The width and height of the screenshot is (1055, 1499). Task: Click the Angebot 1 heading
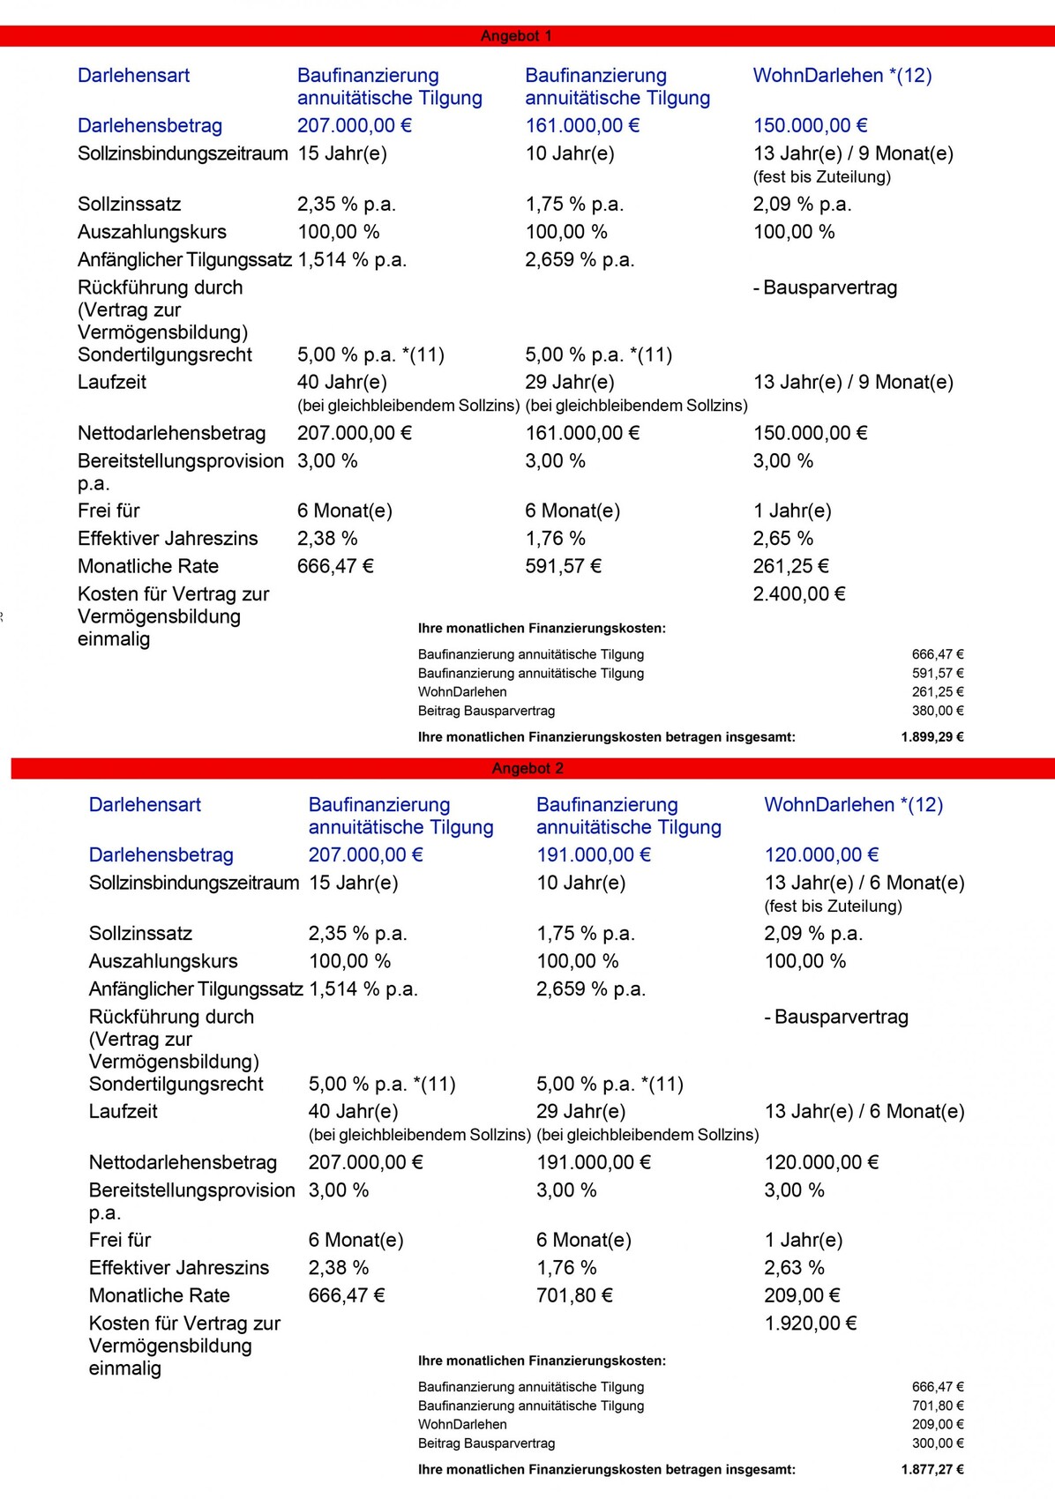point(516,36)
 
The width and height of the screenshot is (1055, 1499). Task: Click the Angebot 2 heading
point(527,768)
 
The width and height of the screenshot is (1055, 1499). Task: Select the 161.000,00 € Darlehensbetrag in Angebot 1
point(582,126)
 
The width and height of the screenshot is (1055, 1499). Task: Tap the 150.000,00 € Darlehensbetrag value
point(810,126)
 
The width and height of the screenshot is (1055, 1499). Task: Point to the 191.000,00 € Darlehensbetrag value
point(594,855)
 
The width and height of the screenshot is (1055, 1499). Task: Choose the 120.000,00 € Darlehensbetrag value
point(821,855)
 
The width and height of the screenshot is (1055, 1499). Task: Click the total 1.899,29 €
point(932,737)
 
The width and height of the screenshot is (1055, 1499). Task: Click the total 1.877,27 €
point(932,1470)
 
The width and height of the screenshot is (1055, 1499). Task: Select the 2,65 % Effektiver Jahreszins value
point(783,539)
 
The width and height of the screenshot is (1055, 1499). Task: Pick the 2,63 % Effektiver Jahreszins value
point(794,1268)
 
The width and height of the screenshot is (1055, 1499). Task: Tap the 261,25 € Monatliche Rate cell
point(790,566)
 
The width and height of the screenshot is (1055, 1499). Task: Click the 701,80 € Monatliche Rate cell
point(574,1295)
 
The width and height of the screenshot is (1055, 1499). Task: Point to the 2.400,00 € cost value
point(799,594)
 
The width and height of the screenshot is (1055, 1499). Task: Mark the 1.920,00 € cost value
point(810,1324)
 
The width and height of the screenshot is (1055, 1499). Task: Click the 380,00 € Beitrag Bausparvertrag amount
point(937,711)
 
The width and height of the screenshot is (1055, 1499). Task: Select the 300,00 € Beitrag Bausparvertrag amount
point(937,1443)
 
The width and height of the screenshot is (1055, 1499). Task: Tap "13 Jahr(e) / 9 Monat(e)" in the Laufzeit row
point(853,383)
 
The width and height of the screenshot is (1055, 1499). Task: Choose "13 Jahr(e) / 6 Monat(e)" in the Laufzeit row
point(864,1112)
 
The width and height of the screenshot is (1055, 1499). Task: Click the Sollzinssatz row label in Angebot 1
point(129,205)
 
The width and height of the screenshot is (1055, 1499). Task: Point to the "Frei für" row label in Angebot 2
point(120,1241)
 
